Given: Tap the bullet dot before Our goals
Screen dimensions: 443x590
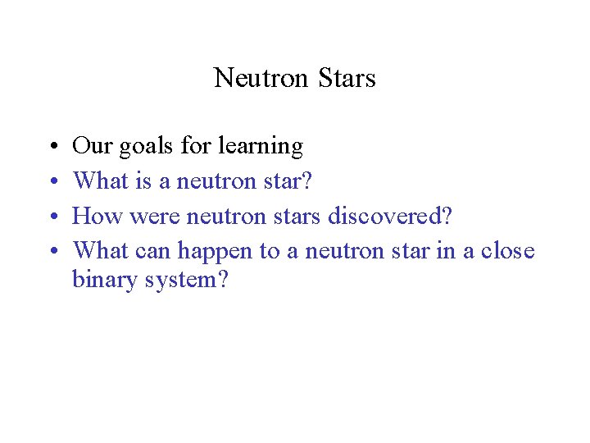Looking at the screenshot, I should tap(52, 148).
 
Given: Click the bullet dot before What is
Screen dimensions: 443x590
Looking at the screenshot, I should tap(52, 181).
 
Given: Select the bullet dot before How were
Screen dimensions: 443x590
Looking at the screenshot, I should tap(52, 216).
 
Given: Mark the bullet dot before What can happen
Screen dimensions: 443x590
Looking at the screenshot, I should tap(52, 250).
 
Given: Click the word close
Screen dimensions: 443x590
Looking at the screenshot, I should tap(506, 250).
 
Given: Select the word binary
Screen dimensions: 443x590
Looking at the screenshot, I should tap(102, 281).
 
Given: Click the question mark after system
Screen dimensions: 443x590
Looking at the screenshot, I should tap(223, 280).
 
